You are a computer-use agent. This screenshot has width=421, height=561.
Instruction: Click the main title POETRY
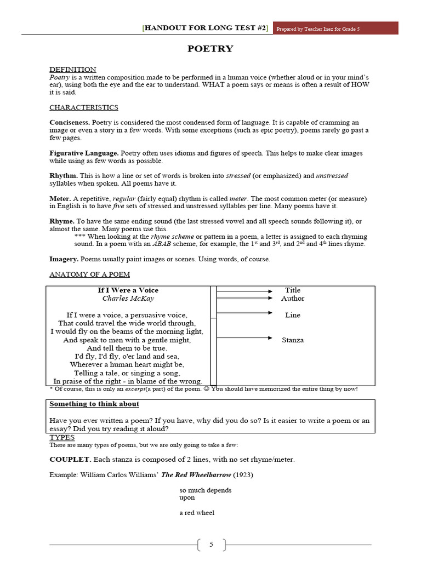coord(210,49)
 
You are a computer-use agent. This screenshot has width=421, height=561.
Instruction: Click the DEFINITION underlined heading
coord(72,70)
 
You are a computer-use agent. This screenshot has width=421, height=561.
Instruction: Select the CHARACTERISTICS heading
coord(84,107)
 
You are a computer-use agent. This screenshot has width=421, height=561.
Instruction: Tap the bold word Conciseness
coord(70,123)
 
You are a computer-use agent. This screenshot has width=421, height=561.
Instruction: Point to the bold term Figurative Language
coord(84,153)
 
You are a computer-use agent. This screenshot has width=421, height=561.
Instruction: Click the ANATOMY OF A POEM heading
coord(89,274)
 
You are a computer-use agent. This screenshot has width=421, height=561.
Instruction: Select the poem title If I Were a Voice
coord(128,290)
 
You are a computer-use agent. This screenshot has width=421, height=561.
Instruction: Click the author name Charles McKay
coord(128,299)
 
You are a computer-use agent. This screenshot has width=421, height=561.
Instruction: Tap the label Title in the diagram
coord(293,290)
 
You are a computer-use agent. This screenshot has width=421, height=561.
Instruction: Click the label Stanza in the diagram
coord(293,340)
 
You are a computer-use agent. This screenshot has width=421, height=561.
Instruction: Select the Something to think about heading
coord(94,404)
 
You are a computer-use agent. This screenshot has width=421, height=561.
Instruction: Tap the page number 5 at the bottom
coord(210,545)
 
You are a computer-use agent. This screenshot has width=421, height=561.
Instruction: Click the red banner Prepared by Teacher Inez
coord(335,28)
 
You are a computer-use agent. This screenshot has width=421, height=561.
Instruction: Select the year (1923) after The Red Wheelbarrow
coord(243,474)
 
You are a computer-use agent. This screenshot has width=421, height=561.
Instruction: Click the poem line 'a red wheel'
coord(196,513)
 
